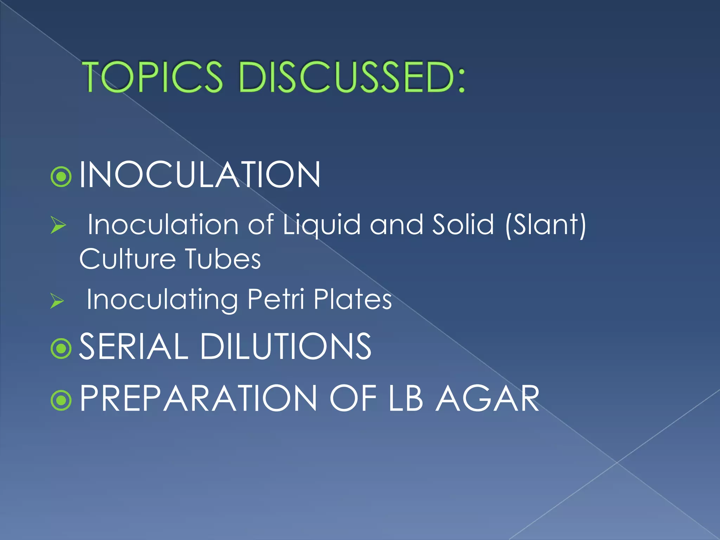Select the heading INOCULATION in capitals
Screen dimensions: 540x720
point(200,175)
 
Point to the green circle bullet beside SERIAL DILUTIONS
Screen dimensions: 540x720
point(61,348)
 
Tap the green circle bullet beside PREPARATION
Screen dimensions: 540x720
point(61,400)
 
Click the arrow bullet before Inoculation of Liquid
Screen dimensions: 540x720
point(58,225)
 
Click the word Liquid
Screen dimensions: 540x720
point(322,225)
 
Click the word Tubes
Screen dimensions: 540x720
point(223,259)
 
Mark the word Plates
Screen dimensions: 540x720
point(353,300)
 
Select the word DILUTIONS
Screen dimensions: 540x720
point(285,347)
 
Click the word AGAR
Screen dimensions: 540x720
point(487,398)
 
